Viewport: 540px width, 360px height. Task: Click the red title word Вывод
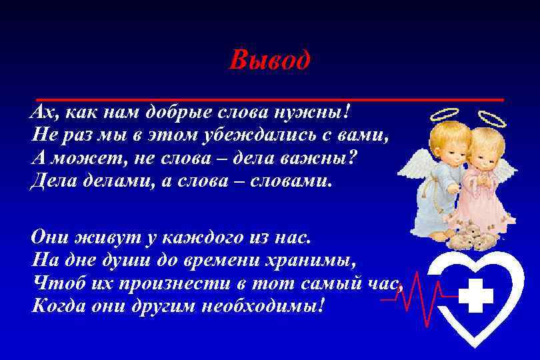[x=269, y=61]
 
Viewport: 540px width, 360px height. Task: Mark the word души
[x=129, y=261]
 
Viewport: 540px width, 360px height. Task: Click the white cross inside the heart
[x=476, y=295]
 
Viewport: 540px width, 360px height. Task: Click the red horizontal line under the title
[x=270, y=99]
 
